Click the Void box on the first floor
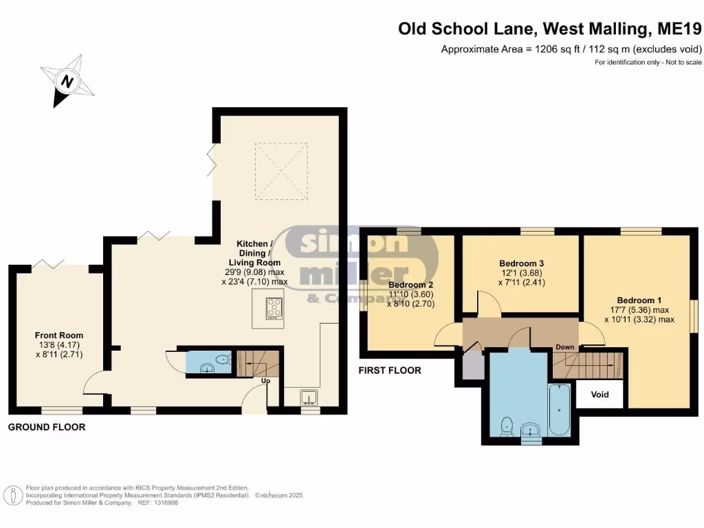click(x=600, y=395)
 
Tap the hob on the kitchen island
click(x=274, y=307)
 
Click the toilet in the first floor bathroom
click(x=507, y=426)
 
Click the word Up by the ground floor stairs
click(x=264, y=380)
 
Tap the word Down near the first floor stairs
click(x=564, y=346)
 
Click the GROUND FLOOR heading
click(x=46, y=427)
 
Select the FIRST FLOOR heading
click(x=390, y=371)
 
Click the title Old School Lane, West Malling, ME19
click(x=549, y=29)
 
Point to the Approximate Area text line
click(x=571, y=49)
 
